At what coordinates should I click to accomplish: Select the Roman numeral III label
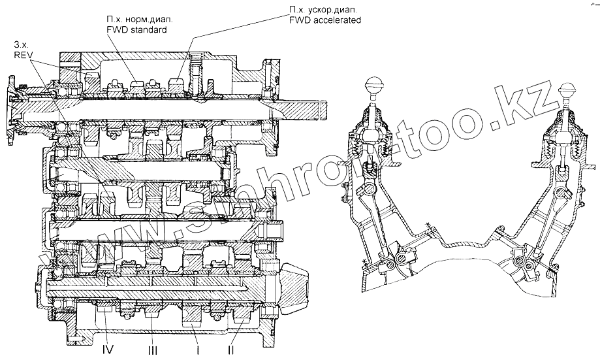pyautogui.click(x=151, y=350)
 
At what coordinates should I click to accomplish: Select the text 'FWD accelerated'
pyautogui.click(x=324, y=20)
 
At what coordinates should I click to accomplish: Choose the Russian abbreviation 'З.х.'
pyautogui.click(x=20, y=44)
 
